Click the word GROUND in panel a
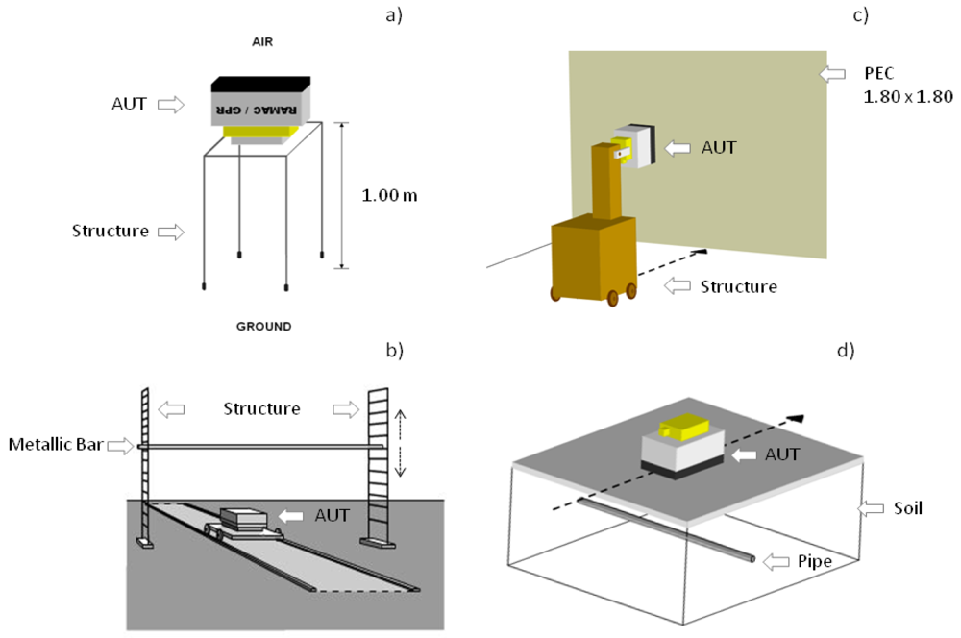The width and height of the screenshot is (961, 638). click(264, 327)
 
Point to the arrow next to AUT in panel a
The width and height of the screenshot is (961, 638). click(169, 104)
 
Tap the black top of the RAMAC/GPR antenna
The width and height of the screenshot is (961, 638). click(260, 84)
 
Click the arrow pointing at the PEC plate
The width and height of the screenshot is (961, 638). click(829, 73)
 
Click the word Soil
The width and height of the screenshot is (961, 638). click(903, 507)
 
